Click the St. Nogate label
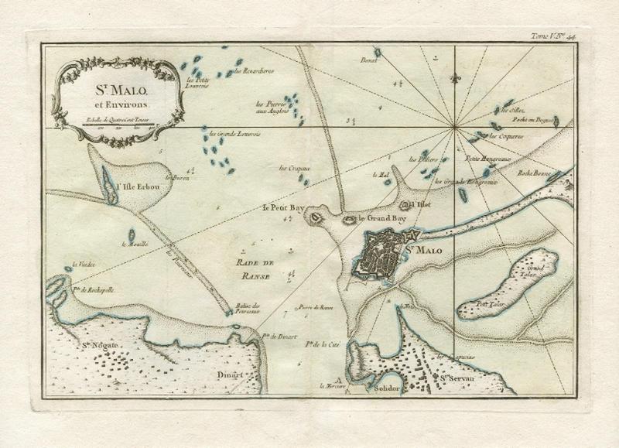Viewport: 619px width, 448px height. coord(97,347)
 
